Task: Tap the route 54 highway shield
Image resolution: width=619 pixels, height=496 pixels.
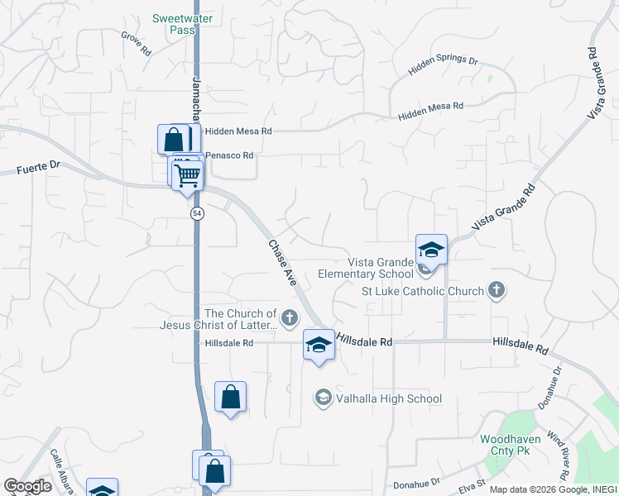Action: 197,213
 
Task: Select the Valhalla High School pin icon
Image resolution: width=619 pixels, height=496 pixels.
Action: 323,398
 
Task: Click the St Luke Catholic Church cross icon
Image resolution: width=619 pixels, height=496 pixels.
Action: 496,290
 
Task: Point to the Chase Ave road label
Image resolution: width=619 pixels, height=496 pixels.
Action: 282,262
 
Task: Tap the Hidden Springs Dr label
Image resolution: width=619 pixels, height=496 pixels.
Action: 444,67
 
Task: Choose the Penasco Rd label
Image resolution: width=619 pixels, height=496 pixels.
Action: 228,155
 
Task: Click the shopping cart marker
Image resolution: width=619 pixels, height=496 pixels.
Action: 188,174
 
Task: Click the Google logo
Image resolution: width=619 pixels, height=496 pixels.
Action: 27,486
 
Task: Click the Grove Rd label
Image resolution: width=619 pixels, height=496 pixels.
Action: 137,44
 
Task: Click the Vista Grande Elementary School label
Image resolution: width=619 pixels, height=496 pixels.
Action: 367,268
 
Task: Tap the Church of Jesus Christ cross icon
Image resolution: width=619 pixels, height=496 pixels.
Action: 289,317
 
